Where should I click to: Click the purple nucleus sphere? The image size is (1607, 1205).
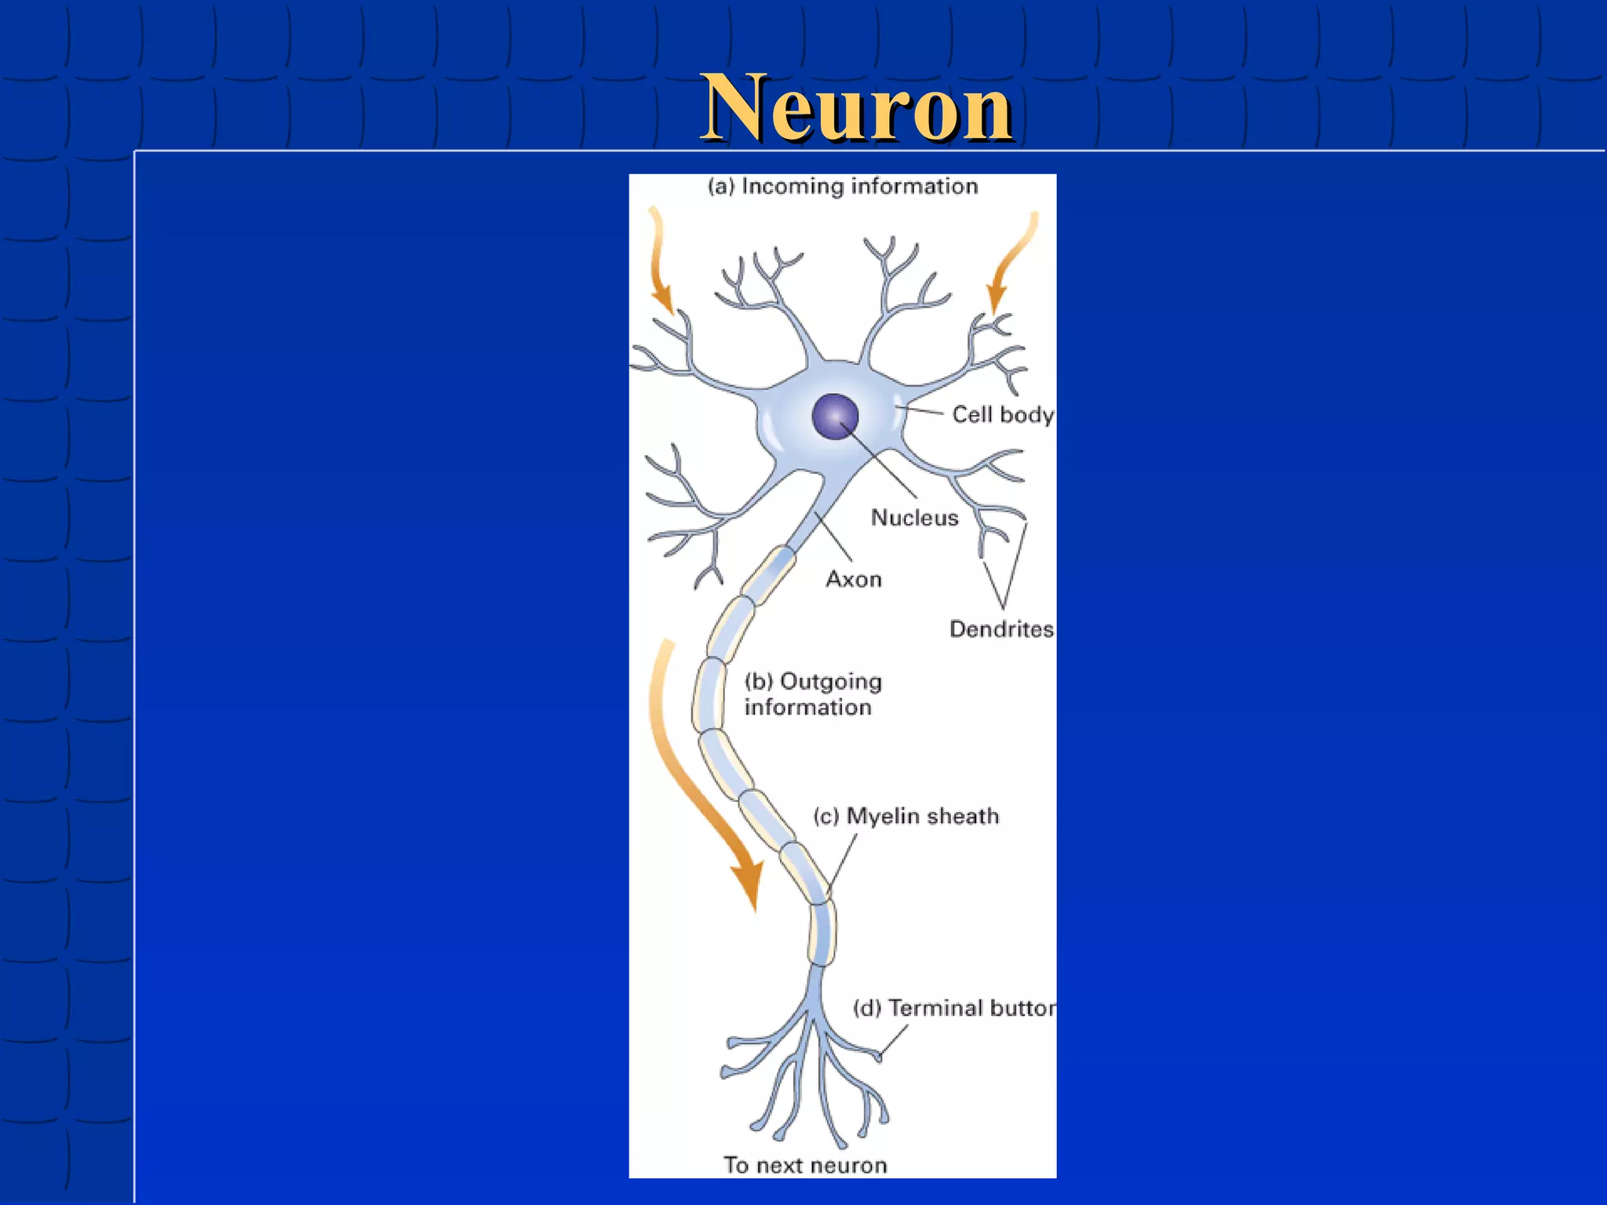(x=835, y=416)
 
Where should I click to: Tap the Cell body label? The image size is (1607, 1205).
(x=1002, y=414)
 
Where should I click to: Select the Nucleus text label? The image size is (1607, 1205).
(x=914, y=518)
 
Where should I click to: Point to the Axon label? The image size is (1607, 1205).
(x=854, y=579)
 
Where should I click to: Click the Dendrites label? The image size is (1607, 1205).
(x=1000, y=628)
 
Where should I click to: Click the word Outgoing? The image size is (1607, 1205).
(x=831, y=683)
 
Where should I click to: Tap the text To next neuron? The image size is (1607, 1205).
(x=805, y=1165)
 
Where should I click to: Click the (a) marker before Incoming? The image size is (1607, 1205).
(x=721, y=187)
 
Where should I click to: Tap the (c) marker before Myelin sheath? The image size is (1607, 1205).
(x=826, y=817)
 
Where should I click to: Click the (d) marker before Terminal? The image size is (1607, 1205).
(x=867, y=1008)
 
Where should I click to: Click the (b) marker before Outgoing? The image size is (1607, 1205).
(x=758, y=681)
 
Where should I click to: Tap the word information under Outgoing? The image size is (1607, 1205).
(x=807, y=708)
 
